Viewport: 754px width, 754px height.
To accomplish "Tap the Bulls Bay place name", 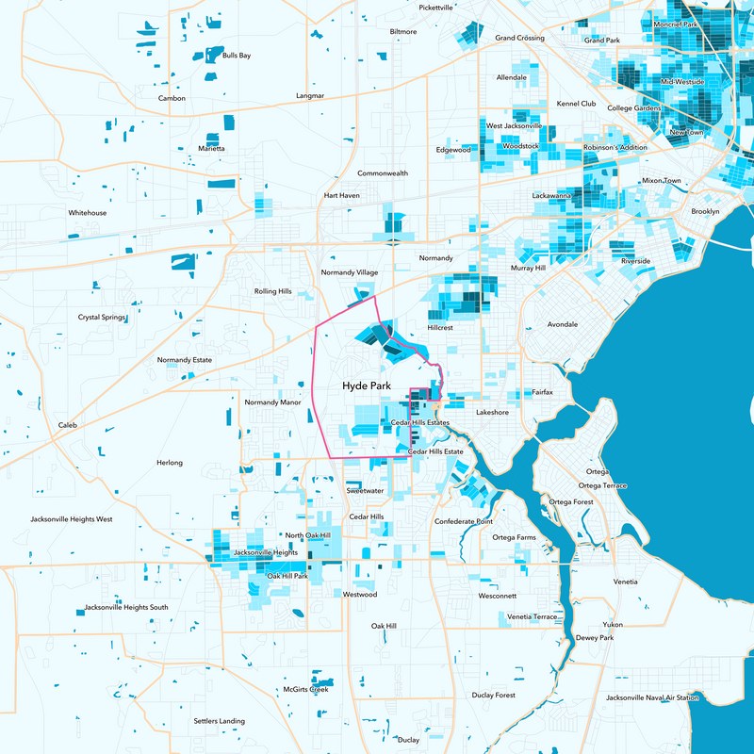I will coord(237,56).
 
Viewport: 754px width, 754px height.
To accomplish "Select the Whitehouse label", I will coord(88,213).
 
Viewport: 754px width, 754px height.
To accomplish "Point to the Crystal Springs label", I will coord(102,318).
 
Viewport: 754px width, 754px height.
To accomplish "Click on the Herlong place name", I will coord(170,463).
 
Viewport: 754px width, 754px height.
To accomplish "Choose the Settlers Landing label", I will coord(220,721).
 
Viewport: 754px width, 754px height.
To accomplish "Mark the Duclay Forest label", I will coord(494,695).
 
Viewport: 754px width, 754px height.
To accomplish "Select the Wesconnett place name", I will coord(498,597).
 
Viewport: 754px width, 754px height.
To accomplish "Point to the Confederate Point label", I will coord(464,521).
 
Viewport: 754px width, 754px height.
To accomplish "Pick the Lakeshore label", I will coord(492,413).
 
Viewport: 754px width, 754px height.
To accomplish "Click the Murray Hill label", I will coord(528,269).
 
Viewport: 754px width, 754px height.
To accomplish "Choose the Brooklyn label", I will coord(705,211).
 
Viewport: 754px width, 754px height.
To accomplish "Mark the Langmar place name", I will coord(310,96).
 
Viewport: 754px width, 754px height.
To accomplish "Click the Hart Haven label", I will coord(342,195).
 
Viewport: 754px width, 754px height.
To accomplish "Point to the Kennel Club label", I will coord(577,104).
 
